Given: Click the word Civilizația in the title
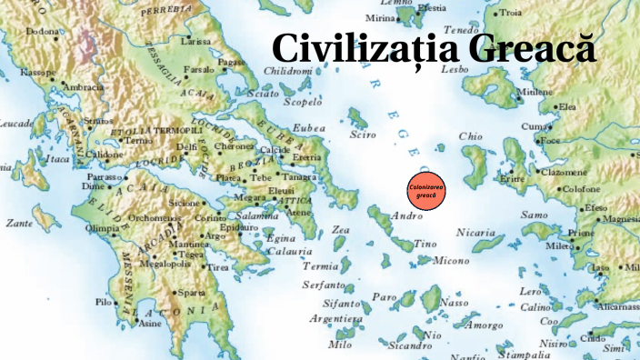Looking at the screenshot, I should (361, 46).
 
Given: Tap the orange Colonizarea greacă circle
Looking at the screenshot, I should (427, 192).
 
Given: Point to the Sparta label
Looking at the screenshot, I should (191, 294).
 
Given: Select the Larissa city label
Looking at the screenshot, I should (195, 42).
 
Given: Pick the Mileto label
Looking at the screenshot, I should (558, 246).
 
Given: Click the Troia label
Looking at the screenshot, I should (537, 13).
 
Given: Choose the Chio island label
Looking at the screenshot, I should (470, 136).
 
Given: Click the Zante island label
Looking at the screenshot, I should (19, 223).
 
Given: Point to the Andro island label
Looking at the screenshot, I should (405, 216).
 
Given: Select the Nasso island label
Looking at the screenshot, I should (454, 302).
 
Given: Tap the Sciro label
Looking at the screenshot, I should (362, 135).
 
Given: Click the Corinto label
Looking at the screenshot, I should (210, 219).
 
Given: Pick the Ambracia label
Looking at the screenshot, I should (81, 87).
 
